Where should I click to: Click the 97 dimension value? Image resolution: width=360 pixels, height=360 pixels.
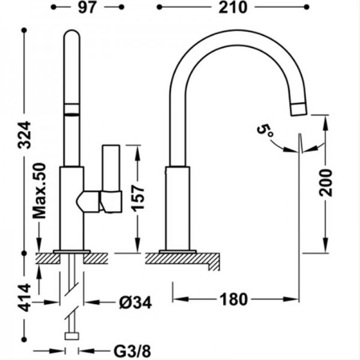[87, 8]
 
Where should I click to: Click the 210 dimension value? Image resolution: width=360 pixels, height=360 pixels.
[233, 8]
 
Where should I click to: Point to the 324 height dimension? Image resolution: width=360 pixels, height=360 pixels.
[25, 135]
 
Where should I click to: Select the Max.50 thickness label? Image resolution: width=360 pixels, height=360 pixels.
[39, 191]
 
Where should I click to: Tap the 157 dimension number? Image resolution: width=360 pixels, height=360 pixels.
[137, 199]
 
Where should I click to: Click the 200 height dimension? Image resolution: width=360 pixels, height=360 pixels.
[326, 183]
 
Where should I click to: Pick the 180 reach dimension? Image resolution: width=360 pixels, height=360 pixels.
[234, 299]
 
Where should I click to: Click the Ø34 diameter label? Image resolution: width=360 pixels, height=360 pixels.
[136, 302]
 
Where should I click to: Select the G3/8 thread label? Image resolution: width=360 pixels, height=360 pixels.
[133, 351]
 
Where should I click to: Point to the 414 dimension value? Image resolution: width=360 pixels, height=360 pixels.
[25, 298]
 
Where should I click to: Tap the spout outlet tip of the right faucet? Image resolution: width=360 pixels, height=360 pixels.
[299, 109]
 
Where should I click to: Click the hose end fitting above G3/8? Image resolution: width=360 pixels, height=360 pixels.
[72, 336]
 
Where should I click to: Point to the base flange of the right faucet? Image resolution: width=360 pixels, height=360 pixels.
[178, 251]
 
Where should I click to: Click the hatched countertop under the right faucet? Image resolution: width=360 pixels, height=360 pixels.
[182, 259]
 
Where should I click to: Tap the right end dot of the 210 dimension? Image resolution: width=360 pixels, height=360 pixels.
[307, 7]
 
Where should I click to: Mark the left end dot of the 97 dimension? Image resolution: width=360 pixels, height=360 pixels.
[53, 7]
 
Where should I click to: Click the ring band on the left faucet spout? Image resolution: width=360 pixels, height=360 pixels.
[72, 109]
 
